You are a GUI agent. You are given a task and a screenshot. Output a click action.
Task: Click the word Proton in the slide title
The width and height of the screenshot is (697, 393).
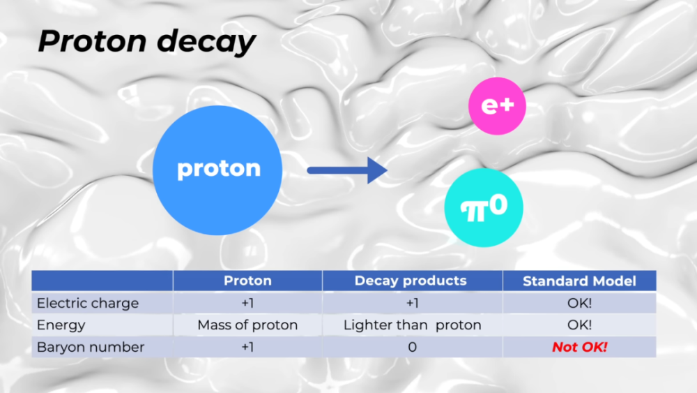coord(93,41)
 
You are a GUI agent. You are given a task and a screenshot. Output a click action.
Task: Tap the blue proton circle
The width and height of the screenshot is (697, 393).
coord(217,170)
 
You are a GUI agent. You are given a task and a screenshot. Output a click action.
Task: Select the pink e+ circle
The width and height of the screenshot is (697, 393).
coord(497,106)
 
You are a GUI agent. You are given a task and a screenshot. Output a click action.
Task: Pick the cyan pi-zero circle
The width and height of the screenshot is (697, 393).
coord(484,207)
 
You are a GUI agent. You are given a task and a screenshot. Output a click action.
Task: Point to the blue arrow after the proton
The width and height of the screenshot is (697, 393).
coord(347,170)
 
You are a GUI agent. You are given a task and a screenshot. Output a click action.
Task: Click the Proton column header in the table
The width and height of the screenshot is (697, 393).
coord(247,281)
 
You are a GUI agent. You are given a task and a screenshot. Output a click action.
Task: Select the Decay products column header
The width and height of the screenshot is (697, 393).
coord(411,281)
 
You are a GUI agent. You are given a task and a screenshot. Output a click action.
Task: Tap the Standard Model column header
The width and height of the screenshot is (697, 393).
coord(579,281)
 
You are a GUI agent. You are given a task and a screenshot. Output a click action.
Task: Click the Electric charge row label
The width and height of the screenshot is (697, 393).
coord(88,303)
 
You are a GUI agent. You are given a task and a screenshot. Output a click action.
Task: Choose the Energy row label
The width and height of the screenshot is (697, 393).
coord(61,325)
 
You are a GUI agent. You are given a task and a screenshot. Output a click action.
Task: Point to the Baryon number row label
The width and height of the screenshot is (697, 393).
coord(91,347)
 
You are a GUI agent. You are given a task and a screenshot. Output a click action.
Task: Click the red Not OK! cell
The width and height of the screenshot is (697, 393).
coord(580,347)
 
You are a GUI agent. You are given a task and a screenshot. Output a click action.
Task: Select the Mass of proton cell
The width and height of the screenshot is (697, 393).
coord(247,325)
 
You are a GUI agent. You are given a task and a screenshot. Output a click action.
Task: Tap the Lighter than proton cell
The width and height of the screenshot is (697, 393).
coord(413,325)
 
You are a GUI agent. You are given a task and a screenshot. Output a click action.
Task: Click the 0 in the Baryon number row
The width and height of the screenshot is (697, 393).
coord(412,347)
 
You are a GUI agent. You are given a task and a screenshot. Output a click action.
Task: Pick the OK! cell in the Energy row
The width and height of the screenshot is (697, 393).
coord(579,325)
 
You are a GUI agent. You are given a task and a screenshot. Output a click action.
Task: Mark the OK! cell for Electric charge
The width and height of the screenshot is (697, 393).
coord(579,303)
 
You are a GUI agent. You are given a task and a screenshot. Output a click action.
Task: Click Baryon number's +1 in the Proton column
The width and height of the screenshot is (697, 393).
coord(247,347)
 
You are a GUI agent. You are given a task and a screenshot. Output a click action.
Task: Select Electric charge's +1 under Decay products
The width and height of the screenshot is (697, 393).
coord(412,303)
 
